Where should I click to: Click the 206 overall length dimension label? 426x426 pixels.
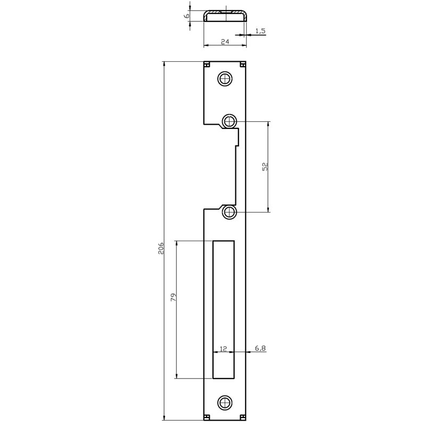(x=161, y=248)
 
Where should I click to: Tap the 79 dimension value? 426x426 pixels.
(x=174, y=297)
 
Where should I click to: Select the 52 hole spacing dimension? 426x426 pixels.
(x=265, y=166)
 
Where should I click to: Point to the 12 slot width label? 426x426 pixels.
(x=223, y=349)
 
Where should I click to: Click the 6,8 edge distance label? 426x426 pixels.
(x=260, y=348)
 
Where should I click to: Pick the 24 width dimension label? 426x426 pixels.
(x=225, y=42)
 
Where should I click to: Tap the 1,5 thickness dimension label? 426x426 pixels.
(x=260, y=31)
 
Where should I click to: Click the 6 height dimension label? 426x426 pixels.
(x=186, y=16)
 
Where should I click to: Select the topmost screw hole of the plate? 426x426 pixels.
(x=225, y=79)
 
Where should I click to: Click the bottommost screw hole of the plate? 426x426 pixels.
(x=225, y=402)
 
